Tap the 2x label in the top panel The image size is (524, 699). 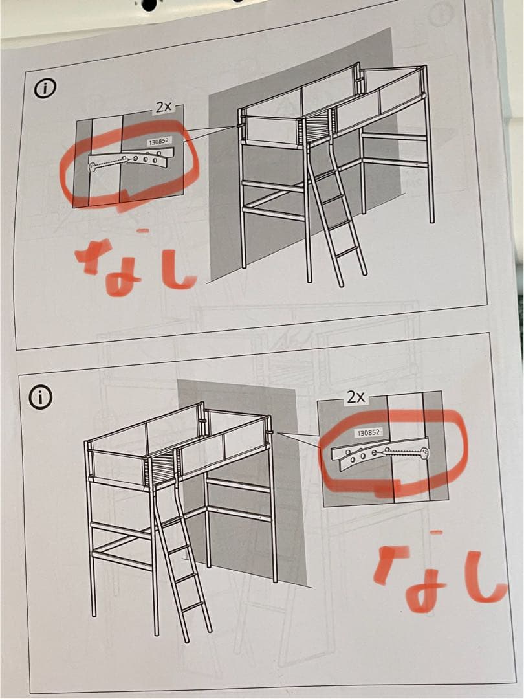tap(163, 107)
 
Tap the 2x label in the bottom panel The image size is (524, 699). tap(355, 397)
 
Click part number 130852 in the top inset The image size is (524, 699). tap(158, 140)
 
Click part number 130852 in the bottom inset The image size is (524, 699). tap(368, 432)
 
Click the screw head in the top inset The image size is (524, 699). tap(92, 168)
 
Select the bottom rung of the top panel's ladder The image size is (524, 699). tap(347, 250)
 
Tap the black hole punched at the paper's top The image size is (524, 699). tap(149, 5)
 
